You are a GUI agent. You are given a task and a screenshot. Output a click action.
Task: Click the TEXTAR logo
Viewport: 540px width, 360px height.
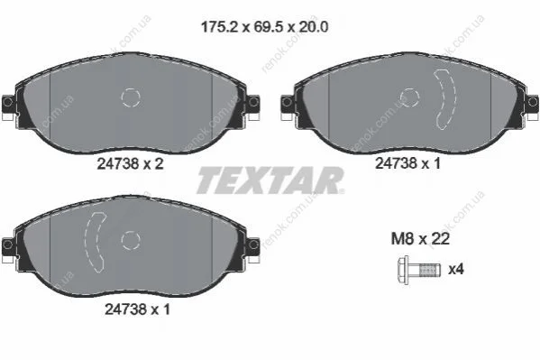click(270, 180)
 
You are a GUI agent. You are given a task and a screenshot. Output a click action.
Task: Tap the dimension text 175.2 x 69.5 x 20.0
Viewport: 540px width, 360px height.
click(264, 27)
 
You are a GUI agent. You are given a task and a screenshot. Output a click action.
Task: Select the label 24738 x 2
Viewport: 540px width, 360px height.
click(130, 164)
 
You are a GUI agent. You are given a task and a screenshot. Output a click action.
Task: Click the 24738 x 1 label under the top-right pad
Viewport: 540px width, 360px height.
click(407, 163)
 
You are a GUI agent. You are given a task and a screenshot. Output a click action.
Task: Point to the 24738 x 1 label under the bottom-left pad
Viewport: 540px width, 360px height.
click(137, 309)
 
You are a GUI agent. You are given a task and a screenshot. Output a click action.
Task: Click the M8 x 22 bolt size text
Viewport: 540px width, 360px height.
click(420, 238)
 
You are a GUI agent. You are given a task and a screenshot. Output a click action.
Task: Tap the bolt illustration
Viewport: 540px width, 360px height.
click(419, 270)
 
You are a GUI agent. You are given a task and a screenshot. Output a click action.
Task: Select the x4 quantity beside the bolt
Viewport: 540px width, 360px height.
click(456, 269)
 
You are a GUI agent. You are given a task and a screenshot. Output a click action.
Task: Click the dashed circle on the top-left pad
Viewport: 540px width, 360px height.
click(131, 97)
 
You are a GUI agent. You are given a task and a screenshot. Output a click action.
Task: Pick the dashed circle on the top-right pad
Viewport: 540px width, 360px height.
click(409, 97)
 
